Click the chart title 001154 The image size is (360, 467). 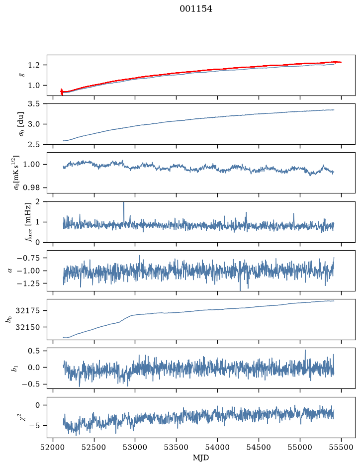click(x=196, y=9)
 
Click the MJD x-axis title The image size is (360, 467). click(x=201, y=458)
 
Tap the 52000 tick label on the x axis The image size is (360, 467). click(x=53, y=447)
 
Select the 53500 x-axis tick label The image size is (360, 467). click(x=177, y=447)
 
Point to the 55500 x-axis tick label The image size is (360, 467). click(x=341, y=447)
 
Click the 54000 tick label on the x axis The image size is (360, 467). click(x=218, y=447)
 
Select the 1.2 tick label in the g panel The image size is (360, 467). click(x=33, y=65)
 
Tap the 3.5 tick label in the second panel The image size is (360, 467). click(x=33, y=104)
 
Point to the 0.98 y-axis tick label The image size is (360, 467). click(x=31, y=187)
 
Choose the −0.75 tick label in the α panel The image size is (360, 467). click(x=28, y=258)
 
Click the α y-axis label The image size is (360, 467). click(x=10, y=271)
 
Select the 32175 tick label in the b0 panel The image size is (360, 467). click(x=27, y=311)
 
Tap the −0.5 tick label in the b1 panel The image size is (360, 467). click(x=30, y=384)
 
